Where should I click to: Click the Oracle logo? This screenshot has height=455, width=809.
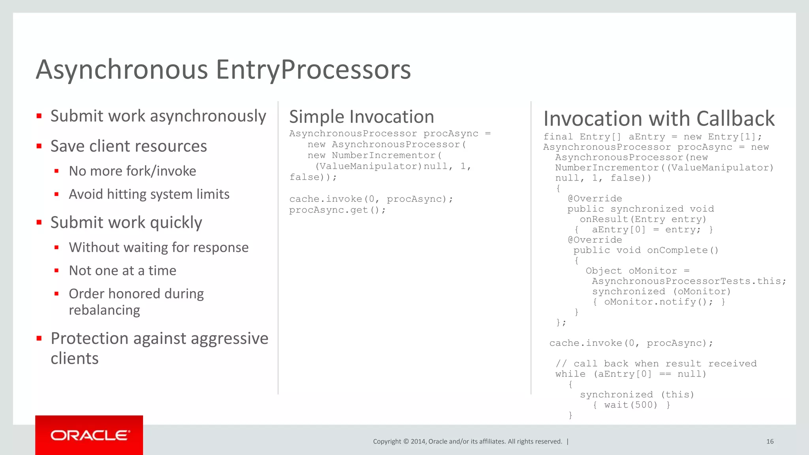tap(89, 435)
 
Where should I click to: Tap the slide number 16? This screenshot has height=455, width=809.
tap(769, 442)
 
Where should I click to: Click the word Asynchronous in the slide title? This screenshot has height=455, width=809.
tap(122, 70)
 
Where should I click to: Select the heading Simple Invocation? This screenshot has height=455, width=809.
tap(361, 117)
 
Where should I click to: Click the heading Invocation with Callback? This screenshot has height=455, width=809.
tap(659, 118)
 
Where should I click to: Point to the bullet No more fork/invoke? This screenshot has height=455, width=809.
tap(132, 171)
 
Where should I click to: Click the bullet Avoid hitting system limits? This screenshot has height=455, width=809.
tap(149, 194)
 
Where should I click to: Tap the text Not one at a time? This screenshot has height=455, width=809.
tap(122, 271)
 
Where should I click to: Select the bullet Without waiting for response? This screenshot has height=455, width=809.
tap(158, 247)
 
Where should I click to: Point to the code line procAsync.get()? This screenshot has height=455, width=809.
tap(337, 210)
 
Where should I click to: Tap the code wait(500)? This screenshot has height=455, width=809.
tap(630, 405)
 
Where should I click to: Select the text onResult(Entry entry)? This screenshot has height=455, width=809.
tap(643, 219)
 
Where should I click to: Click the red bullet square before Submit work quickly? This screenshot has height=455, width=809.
tap(39, 222)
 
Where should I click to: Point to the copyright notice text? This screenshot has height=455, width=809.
tap(467, 442)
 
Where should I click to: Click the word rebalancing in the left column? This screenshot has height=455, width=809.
tap(104, 310)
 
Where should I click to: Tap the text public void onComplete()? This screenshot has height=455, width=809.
tap(646, 250)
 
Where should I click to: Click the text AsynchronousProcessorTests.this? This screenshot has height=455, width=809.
tap(689, 281)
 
